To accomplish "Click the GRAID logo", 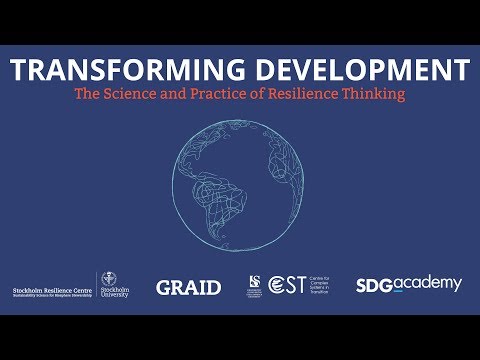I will (188, 287).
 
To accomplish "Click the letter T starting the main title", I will (20, 71).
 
